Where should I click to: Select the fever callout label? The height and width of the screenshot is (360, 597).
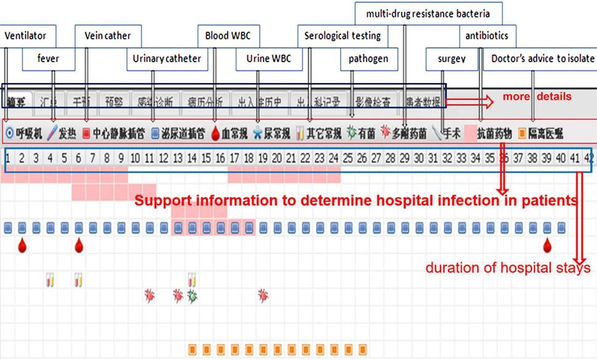point(48,59)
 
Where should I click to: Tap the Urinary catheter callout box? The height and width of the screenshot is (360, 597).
point(167,59)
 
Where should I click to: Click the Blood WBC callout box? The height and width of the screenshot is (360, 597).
point(228,36)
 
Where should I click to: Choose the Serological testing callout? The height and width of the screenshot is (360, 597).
point(343,36)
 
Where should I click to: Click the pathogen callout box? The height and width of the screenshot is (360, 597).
point(368,59)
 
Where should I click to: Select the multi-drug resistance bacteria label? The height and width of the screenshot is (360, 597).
point(428,13)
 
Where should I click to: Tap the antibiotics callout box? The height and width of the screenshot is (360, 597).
point(487,36)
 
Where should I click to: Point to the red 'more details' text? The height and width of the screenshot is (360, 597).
point(537,97)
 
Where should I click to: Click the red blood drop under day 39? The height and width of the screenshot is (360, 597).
point(546,246)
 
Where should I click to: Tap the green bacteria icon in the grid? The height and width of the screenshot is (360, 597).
point(192,296)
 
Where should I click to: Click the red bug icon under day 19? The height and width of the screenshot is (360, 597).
point(262,295)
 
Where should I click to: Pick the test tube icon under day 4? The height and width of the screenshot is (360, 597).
point(50,280)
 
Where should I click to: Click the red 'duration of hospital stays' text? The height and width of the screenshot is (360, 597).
point(508,268)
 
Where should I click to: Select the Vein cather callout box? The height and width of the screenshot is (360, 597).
point(107,36)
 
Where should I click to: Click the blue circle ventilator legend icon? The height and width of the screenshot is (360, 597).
point(9,133)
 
